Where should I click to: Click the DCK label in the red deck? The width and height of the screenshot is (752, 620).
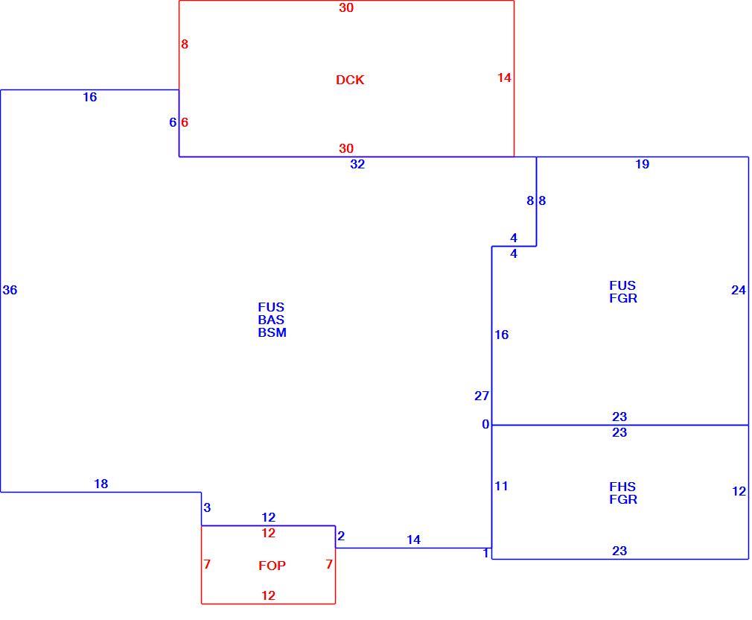(350, 80)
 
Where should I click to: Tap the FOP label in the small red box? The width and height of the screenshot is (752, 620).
(272, 566)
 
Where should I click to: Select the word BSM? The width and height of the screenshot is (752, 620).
(272, 332)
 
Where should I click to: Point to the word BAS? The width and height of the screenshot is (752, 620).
(271, 320)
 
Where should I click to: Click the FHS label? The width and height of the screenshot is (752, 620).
(622, 487)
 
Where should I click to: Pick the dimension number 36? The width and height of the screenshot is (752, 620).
(10, 290)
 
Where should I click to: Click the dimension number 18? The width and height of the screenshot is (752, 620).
(101, 484)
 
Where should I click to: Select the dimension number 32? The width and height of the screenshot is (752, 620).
(357, 164)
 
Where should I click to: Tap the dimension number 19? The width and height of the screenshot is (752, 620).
(642, 164)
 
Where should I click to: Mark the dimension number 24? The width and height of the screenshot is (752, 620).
(739, 290)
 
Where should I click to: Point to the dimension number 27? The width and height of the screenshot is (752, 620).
(482, 396)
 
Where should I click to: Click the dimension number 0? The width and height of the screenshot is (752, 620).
(485, 424)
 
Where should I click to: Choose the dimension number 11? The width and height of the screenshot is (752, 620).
(501, 486)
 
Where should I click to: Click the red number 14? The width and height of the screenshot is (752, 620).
(504, 77)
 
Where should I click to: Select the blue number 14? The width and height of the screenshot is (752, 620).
(413, 540)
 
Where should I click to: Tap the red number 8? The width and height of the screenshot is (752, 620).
(185, 44)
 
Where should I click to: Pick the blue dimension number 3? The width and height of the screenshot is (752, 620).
(207, 507)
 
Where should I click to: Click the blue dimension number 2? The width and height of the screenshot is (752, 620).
(341, 536)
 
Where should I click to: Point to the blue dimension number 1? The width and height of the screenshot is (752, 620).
(486, 553)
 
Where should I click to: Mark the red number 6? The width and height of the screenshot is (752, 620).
(185, 122)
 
